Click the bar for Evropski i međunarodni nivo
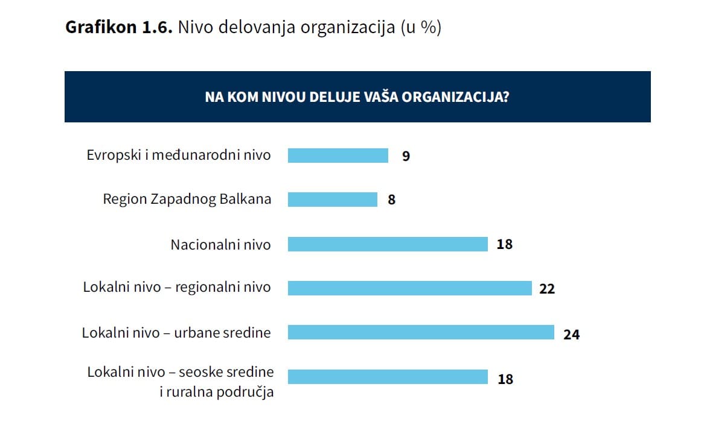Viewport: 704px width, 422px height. point(338,156)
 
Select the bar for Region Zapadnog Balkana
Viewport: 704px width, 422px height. point(332,200)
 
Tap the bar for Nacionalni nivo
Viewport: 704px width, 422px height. point(387,244)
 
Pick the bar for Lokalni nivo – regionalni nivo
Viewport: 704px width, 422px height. point(409,288)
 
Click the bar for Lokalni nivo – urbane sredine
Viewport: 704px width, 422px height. point(420,332)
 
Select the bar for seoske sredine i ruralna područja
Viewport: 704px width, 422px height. point(387,377)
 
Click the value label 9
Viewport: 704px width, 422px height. point(406,156)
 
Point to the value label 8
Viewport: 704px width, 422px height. point(391,200)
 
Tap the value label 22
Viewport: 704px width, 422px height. point(547,289)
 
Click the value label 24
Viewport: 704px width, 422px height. point(571,334)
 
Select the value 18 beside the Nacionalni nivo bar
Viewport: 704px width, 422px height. point(505,245)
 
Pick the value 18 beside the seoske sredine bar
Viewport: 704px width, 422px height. point(505,379)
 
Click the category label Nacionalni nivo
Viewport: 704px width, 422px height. point(220,244)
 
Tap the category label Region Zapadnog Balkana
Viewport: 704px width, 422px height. point(187,199)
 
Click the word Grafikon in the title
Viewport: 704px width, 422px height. point(100,28)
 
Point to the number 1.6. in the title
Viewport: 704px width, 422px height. point(157,28)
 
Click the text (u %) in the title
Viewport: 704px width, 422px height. point(421,28)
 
